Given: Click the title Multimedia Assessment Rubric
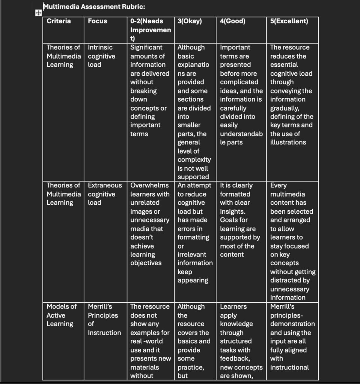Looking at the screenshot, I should [x=94, y=6].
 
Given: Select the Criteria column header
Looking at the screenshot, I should [x=59, y=21].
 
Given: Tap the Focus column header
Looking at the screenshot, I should [x=97, y=21].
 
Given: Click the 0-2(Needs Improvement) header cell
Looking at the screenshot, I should [x=150, y=30].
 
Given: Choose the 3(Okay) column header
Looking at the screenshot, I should [x=190, y=21].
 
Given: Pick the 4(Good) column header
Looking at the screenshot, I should [x=232, y=21].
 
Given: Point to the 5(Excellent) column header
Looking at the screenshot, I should [x=289, y=21].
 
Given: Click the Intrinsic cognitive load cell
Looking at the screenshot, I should [x=101, y=56].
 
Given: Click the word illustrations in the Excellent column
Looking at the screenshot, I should [x=288, y=142].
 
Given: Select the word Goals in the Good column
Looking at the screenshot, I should [x=229, y=220].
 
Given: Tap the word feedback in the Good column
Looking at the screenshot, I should [x=235, y=359].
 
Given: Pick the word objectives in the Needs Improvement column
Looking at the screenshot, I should [x=146, y=263].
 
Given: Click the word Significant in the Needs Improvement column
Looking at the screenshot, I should [x=146, y=48].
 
